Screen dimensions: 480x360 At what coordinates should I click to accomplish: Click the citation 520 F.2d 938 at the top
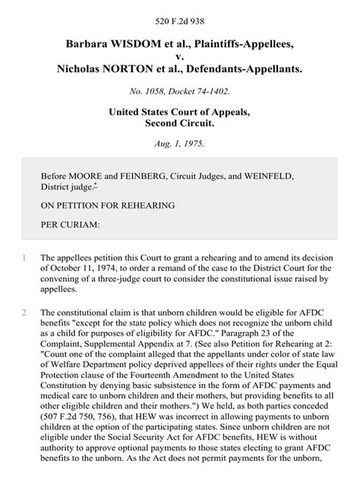click(179, 14)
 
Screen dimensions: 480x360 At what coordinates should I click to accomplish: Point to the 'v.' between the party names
click(180, 55)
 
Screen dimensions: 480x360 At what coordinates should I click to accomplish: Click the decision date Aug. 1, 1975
click(180, 142)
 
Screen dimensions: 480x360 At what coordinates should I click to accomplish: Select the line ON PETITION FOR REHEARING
click(108, 205)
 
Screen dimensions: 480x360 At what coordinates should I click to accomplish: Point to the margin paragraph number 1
click(24, 258)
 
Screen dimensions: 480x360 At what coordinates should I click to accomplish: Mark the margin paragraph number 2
click(24, 312)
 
